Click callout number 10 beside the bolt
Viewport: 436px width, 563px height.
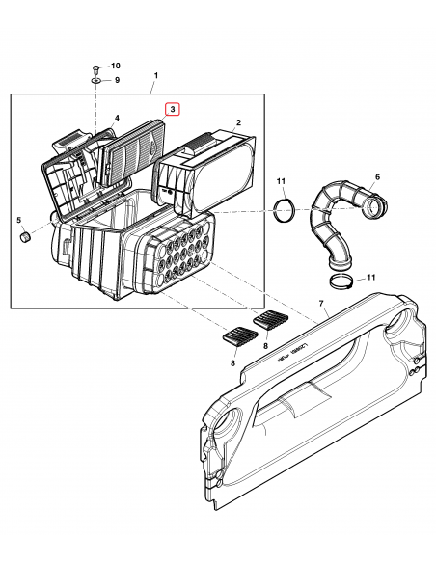coord(116,66)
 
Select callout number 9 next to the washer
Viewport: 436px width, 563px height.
coord(116,80)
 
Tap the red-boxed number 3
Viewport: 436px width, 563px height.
coord(173,110)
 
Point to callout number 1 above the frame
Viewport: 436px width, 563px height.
coord(154,75)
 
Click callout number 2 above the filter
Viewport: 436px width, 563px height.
coord(238,122)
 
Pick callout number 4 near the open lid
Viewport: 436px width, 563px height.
coord(116,119)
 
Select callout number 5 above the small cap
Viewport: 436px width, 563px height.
coord(18,219)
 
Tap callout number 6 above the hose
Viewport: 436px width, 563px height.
coord(377,177)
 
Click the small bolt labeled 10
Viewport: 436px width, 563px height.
coord(96,67)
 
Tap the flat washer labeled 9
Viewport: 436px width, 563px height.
coord(96,81)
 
